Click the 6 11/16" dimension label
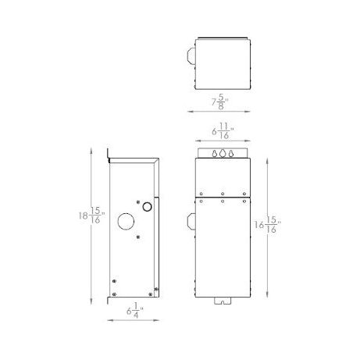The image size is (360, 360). coord(223,131)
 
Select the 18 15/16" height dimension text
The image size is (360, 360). coord(92,216)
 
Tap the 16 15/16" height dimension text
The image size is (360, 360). coord(268,224)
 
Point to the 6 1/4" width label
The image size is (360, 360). coord(135,310)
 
